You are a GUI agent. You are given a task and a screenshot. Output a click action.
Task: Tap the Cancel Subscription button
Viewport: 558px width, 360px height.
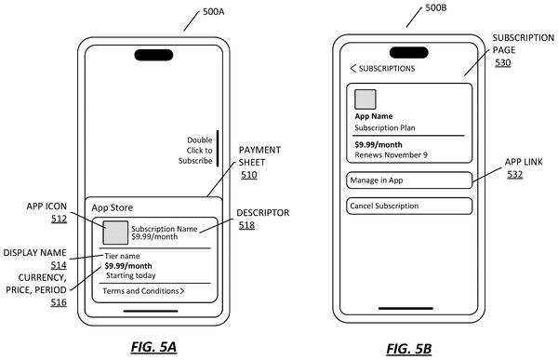[x=409, y=206]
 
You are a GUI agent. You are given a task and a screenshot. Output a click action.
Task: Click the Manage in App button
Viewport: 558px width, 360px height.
[x=409, y=180]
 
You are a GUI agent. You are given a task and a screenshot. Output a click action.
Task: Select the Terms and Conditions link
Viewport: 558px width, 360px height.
[x=143, y=291]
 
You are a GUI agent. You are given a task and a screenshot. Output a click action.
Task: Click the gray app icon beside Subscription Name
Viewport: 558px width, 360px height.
[x=115, y=233]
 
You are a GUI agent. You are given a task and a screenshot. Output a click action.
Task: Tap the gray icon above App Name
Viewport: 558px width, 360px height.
[x=365, y=100]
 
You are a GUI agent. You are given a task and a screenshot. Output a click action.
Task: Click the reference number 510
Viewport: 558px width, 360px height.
[x=248, y=175]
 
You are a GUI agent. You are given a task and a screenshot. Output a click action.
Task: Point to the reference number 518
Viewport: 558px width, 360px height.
[x=246, y=225]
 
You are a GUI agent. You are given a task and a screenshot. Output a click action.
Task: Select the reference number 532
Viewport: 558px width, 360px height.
[x=515, y=175]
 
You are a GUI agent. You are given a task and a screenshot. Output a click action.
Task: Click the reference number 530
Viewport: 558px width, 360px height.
[x=503, y=62]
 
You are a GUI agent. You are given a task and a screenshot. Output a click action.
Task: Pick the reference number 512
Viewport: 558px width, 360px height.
[x=59, y=219]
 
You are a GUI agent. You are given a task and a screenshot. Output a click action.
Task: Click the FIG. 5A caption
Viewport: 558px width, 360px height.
[x=153, y=347]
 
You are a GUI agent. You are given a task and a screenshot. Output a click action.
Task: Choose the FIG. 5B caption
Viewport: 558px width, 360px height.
[x=409, y=349]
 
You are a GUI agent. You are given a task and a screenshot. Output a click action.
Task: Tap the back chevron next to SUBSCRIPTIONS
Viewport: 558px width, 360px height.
[x=353, y=68]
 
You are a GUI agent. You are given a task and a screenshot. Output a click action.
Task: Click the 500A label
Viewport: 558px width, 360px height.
[x=214, y=12]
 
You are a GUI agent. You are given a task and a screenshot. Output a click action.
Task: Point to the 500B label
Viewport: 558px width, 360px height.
[x=436, y=7]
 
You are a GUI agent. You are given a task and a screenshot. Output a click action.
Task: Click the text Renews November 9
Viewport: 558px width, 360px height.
[x=391, y=155]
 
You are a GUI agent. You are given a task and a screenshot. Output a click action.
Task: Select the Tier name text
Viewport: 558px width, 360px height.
[x=122, y=256]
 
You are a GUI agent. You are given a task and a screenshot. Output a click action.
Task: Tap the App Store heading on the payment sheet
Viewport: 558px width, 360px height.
[x=113, y=207]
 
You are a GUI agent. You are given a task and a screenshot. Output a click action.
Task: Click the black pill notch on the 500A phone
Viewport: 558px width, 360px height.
[x=153, y=55]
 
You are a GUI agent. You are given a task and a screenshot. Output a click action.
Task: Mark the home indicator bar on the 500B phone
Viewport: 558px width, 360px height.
[x=405, y=308]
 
